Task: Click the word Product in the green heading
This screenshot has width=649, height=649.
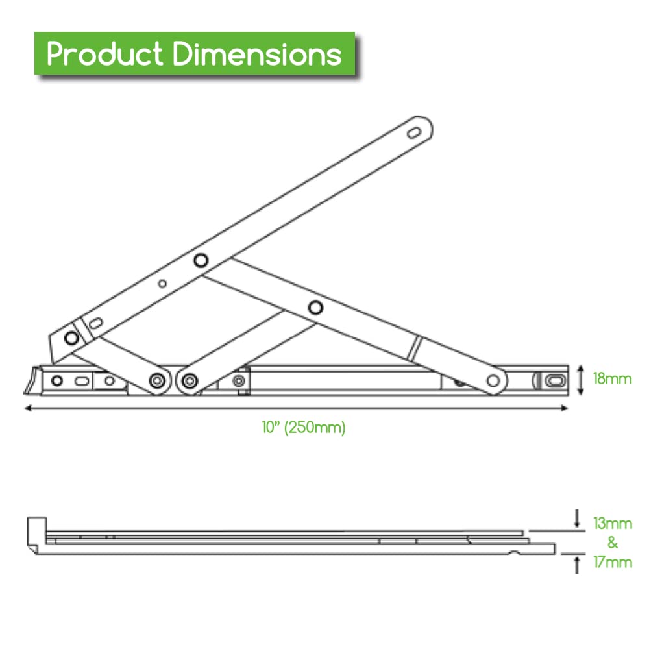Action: point(104,54)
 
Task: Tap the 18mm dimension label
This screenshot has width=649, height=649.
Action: point(612,378)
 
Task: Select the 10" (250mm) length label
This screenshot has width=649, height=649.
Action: point(304,428)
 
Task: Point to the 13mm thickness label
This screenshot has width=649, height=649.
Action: point(612,523)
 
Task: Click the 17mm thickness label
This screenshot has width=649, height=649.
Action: point(612,562)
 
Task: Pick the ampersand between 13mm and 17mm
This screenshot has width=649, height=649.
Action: point(612,543)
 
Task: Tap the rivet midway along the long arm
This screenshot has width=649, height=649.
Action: point(201,260)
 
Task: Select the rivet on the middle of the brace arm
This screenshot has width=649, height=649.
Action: point(315,307)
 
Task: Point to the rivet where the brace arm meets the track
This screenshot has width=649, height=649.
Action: point(494,380)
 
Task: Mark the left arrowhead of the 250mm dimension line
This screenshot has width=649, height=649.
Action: point(27,408)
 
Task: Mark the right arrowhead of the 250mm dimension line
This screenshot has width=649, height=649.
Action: point(565,408)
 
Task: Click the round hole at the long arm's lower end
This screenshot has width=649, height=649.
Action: point(71,337)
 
